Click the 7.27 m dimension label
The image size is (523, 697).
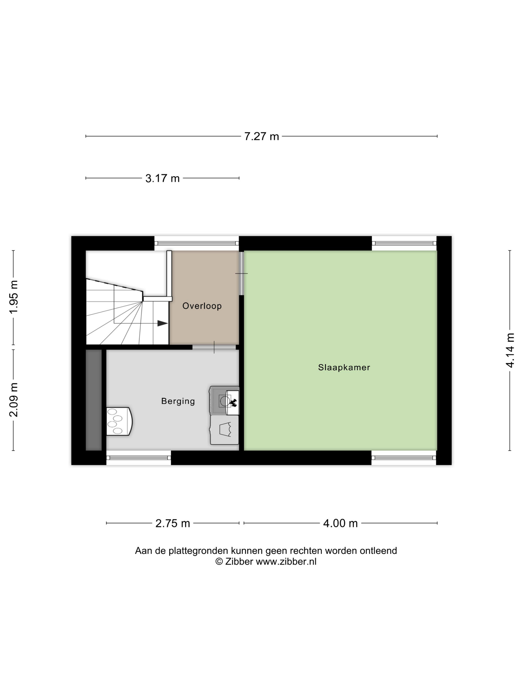261,136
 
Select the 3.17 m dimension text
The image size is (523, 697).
162,178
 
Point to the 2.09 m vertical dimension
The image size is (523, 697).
13,400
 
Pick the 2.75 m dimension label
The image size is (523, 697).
173,523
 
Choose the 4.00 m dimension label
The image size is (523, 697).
340,523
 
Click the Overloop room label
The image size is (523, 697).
202,306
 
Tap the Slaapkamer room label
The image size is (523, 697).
344,367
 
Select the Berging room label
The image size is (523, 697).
178,401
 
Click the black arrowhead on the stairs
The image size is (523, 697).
163,323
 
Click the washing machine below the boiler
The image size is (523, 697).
224,430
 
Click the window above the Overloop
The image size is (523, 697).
196,243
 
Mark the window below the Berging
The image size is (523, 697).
138,458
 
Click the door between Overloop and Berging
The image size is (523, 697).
214,347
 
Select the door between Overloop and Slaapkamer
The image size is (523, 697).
242,273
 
